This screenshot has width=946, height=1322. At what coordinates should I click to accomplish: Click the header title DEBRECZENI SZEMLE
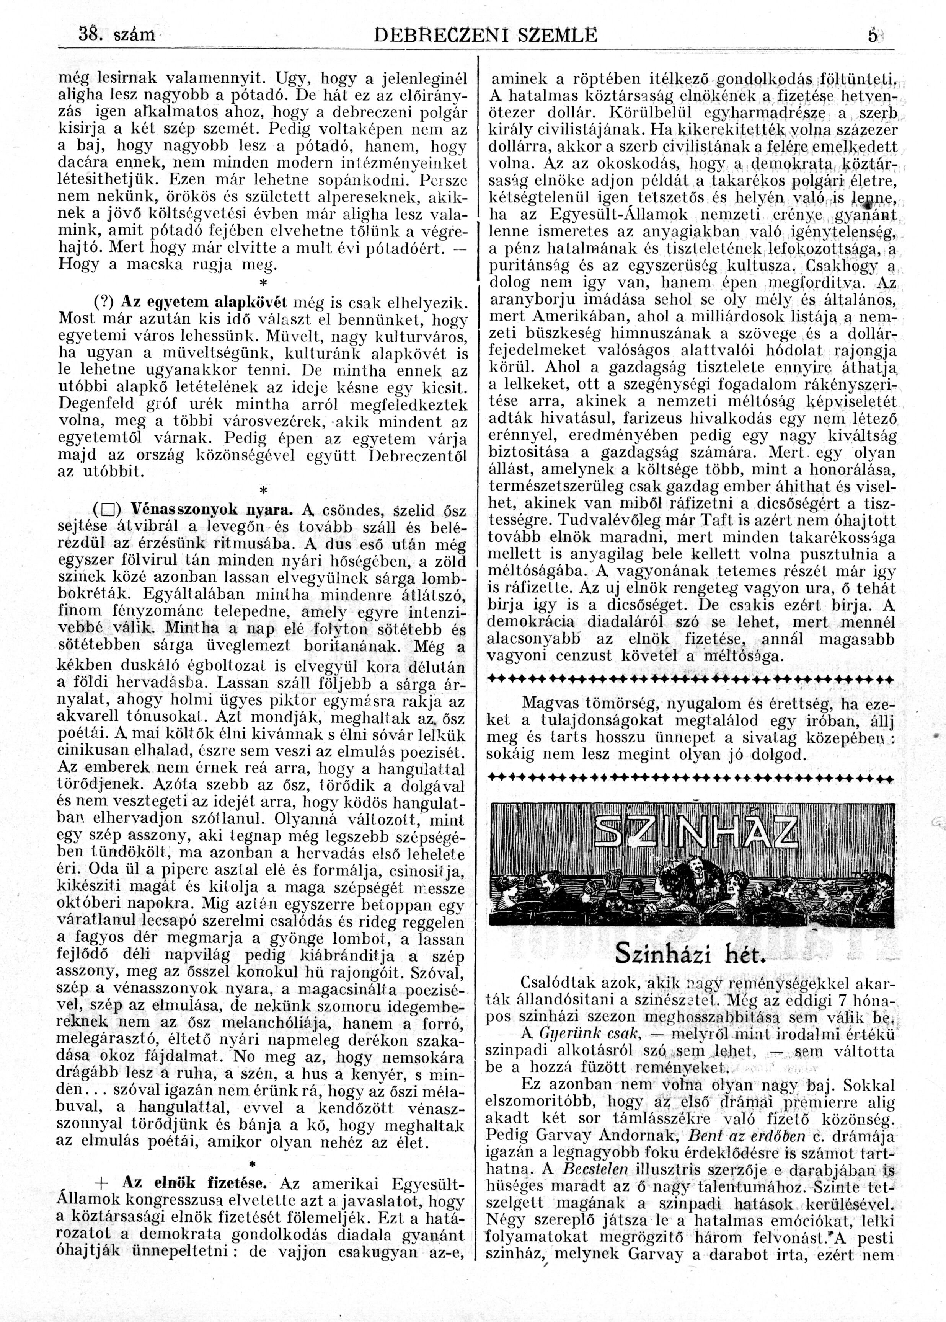485,36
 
